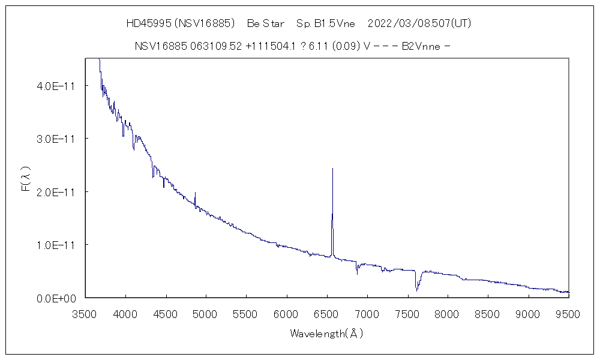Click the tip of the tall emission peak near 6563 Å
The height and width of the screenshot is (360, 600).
(332, 169)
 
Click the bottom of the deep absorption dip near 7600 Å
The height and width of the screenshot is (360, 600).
(416, 291)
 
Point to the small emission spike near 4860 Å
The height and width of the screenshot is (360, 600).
(195, 193)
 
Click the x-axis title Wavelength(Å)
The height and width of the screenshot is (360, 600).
(326, 333)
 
